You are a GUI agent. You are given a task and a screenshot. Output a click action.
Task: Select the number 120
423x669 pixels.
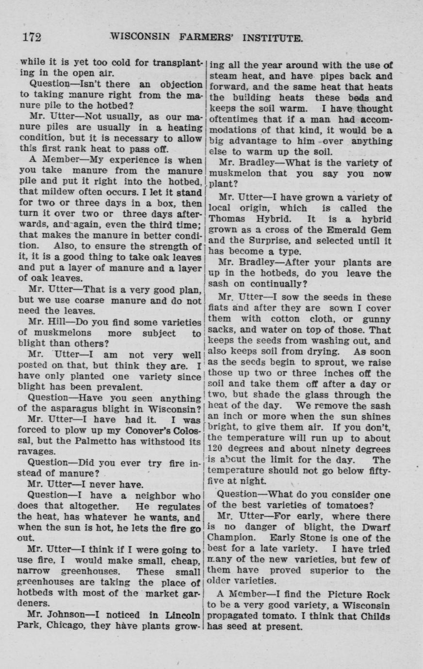(214, 448)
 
